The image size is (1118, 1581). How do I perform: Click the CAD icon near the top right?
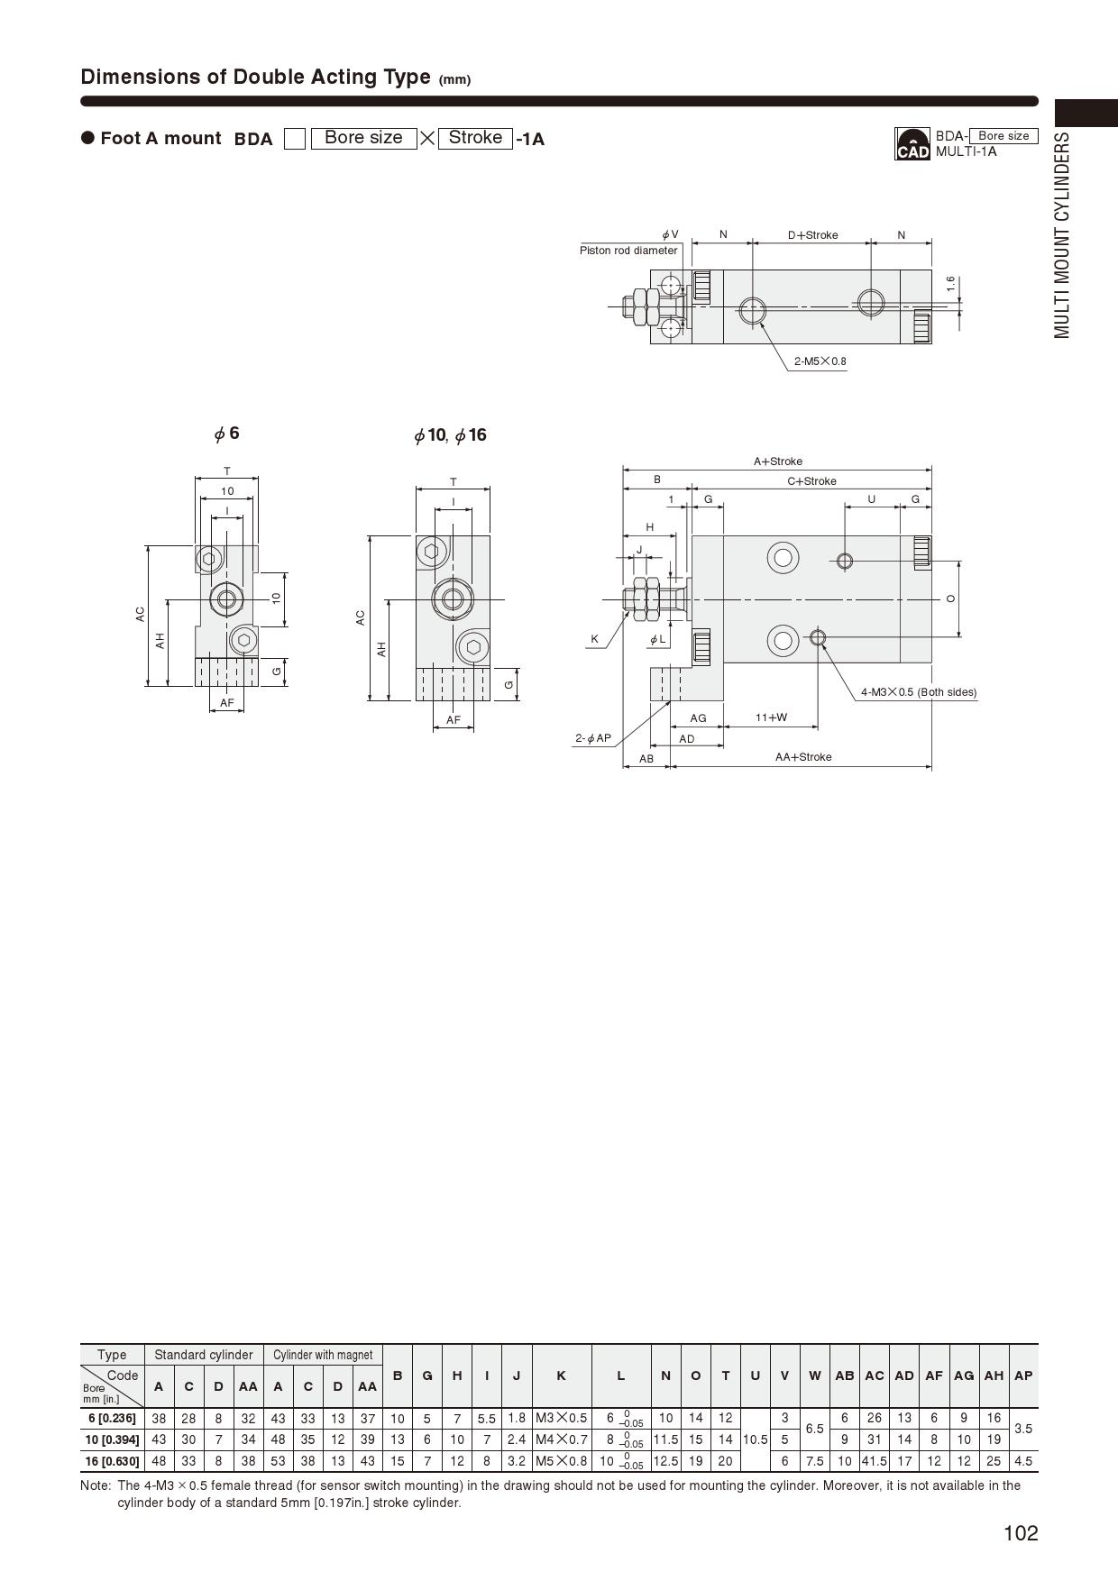click(x=912, y=144)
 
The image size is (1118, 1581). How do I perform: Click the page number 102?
click(x=1021, y=1533)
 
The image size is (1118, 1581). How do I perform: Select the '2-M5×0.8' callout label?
click(x=820, y=361)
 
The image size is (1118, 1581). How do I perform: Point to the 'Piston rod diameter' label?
click(x=628, y=251)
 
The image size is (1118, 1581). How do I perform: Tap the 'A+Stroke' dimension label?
click(x=778, y=462)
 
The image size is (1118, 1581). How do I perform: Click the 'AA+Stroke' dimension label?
click(x=803, y=757)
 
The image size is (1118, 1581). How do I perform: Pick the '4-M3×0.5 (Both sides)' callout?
click(x=919, y=692)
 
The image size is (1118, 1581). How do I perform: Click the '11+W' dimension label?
click(x=771, y=717)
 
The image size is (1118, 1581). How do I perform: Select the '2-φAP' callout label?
click(x=593, y=738)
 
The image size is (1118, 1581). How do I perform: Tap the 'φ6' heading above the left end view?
click(x=226, y=434)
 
